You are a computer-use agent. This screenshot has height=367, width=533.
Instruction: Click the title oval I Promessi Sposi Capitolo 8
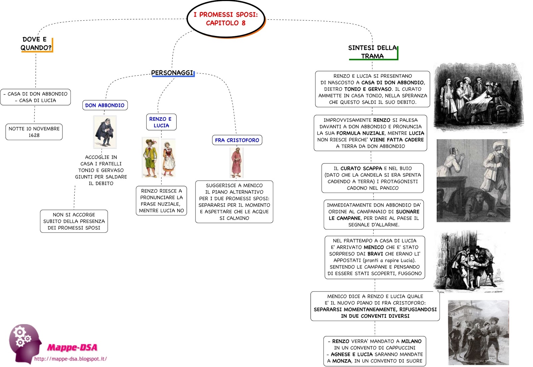tap(226, 19)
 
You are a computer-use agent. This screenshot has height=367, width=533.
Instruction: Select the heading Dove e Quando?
tap(36, 44)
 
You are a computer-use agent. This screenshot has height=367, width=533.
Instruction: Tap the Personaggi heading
tap(172, 73)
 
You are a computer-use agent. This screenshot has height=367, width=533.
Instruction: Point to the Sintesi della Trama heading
tap(372, 52)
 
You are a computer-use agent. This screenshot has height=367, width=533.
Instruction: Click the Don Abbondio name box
tap(105, 105)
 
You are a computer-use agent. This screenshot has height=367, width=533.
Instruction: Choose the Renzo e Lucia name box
tap(161, 122)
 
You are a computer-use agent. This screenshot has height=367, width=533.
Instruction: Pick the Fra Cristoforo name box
tap(237, 140)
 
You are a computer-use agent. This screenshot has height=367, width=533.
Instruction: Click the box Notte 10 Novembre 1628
tap(34, 132)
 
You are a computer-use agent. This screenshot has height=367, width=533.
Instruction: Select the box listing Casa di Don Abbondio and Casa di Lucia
tap(36, 97)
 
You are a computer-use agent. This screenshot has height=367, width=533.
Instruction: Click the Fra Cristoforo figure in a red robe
tap(236, 163)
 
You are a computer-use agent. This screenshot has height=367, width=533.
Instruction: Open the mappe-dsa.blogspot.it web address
tap(71, 359)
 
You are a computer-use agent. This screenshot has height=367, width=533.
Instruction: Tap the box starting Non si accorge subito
tap(74, 221)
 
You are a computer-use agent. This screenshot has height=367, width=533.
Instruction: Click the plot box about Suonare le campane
tap(373, 215)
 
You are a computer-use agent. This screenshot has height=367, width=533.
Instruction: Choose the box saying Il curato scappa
tap(372, 178)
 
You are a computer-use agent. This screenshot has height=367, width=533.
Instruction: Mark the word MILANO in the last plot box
tap(411, 341)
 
